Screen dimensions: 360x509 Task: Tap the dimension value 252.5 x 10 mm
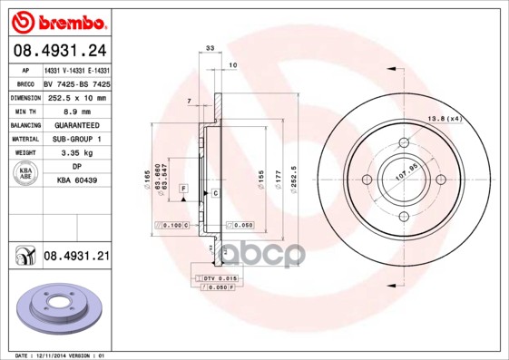[76, 97]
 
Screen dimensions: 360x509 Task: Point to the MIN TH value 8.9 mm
[76, 111]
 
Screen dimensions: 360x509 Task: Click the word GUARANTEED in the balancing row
[76, 125]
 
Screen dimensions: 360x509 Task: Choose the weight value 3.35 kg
[76, 153]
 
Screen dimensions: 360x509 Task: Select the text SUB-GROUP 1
[76, 139]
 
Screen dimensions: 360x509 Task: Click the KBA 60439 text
[76, 181]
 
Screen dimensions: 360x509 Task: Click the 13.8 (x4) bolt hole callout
[445, 119]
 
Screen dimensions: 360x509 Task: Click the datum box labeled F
[183, 188]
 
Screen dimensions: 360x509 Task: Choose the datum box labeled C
[216, 193]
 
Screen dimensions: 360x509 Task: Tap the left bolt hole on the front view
[367, 179]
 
